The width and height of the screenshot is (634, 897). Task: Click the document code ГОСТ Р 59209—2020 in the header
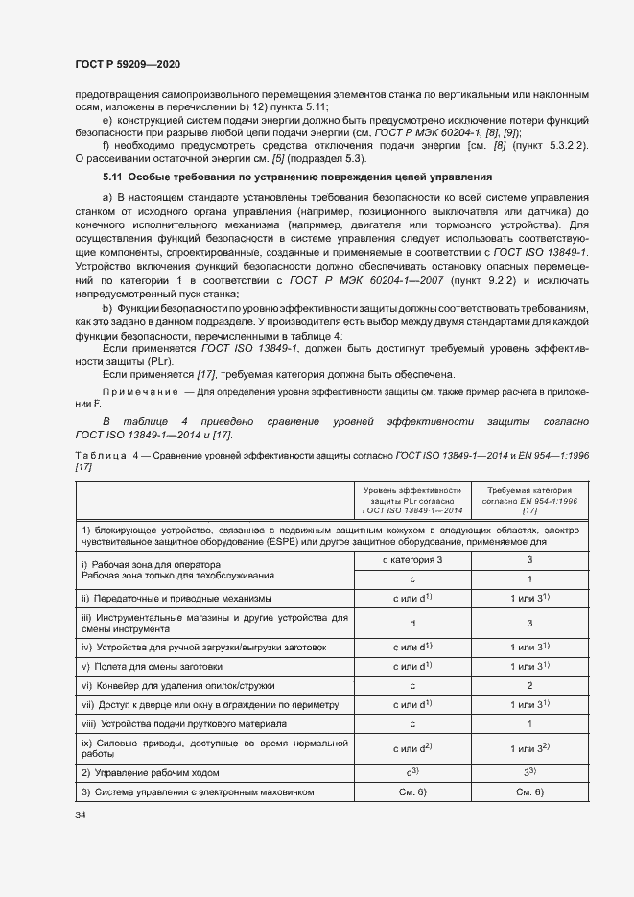click(128, 64)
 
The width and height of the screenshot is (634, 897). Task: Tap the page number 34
click(81, 814)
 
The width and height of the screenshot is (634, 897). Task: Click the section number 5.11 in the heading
click(113, 177)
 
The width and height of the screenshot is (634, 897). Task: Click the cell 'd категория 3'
click(411, 560)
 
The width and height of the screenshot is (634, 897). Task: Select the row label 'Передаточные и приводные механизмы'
click(177, 599)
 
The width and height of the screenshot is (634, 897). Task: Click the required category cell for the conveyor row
click(529, 686)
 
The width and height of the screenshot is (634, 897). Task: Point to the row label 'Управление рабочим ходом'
click(151, 772)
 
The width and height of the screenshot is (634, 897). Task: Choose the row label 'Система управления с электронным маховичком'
click(199, 791)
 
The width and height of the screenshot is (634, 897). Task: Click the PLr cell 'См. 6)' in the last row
click(411, 791)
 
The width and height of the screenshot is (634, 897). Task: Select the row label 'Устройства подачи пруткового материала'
click(184, 723)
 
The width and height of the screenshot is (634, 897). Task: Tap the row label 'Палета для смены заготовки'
click(153, 667)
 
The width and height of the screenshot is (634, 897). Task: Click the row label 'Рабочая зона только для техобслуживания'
click(178, 577)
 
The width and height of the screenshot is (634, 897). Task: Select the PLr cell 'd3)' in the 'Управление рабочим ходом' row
click(411, 772)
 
